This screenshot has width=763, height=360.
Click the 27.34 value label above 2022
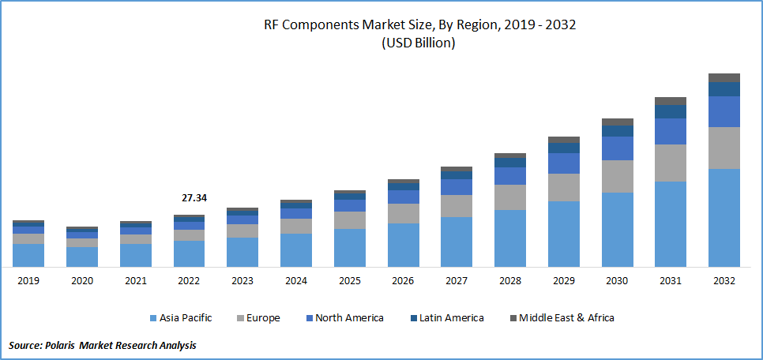point(194,198)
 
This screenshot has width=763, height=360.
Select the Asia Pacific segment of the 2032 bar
point(724,217)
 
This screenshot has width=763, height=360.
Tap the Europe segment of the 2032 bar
point(724,148)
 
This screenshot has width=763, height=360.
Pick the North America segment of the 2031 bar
point(670,131)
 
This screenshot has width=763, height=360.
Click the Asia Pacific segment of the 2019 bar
point(28,255)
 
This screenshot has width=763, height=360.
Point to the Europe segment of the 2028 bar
point(509,197)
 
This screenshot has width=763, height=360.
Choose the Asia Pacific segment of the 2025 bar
point(349,247)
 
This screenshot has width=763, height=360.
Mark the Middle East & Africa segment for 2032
point(724,77)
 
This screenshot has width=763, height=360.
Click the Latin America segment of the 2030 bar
point(617,131)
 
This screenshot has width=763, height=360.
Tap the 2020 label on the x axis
point(82,281)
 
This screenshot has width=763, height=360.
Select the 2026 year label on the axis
point(403,281)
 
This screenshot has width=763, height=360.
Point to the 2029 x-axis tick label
point(563,281)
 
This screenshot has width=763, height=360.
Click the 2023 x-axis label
point(242,281)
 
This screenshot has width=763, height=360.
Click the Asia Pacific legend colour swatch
point(153,318)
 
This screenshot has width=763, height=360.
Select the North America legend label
point(349,318)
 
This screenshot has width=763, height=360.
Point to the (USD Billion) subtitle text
point(419,43)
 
